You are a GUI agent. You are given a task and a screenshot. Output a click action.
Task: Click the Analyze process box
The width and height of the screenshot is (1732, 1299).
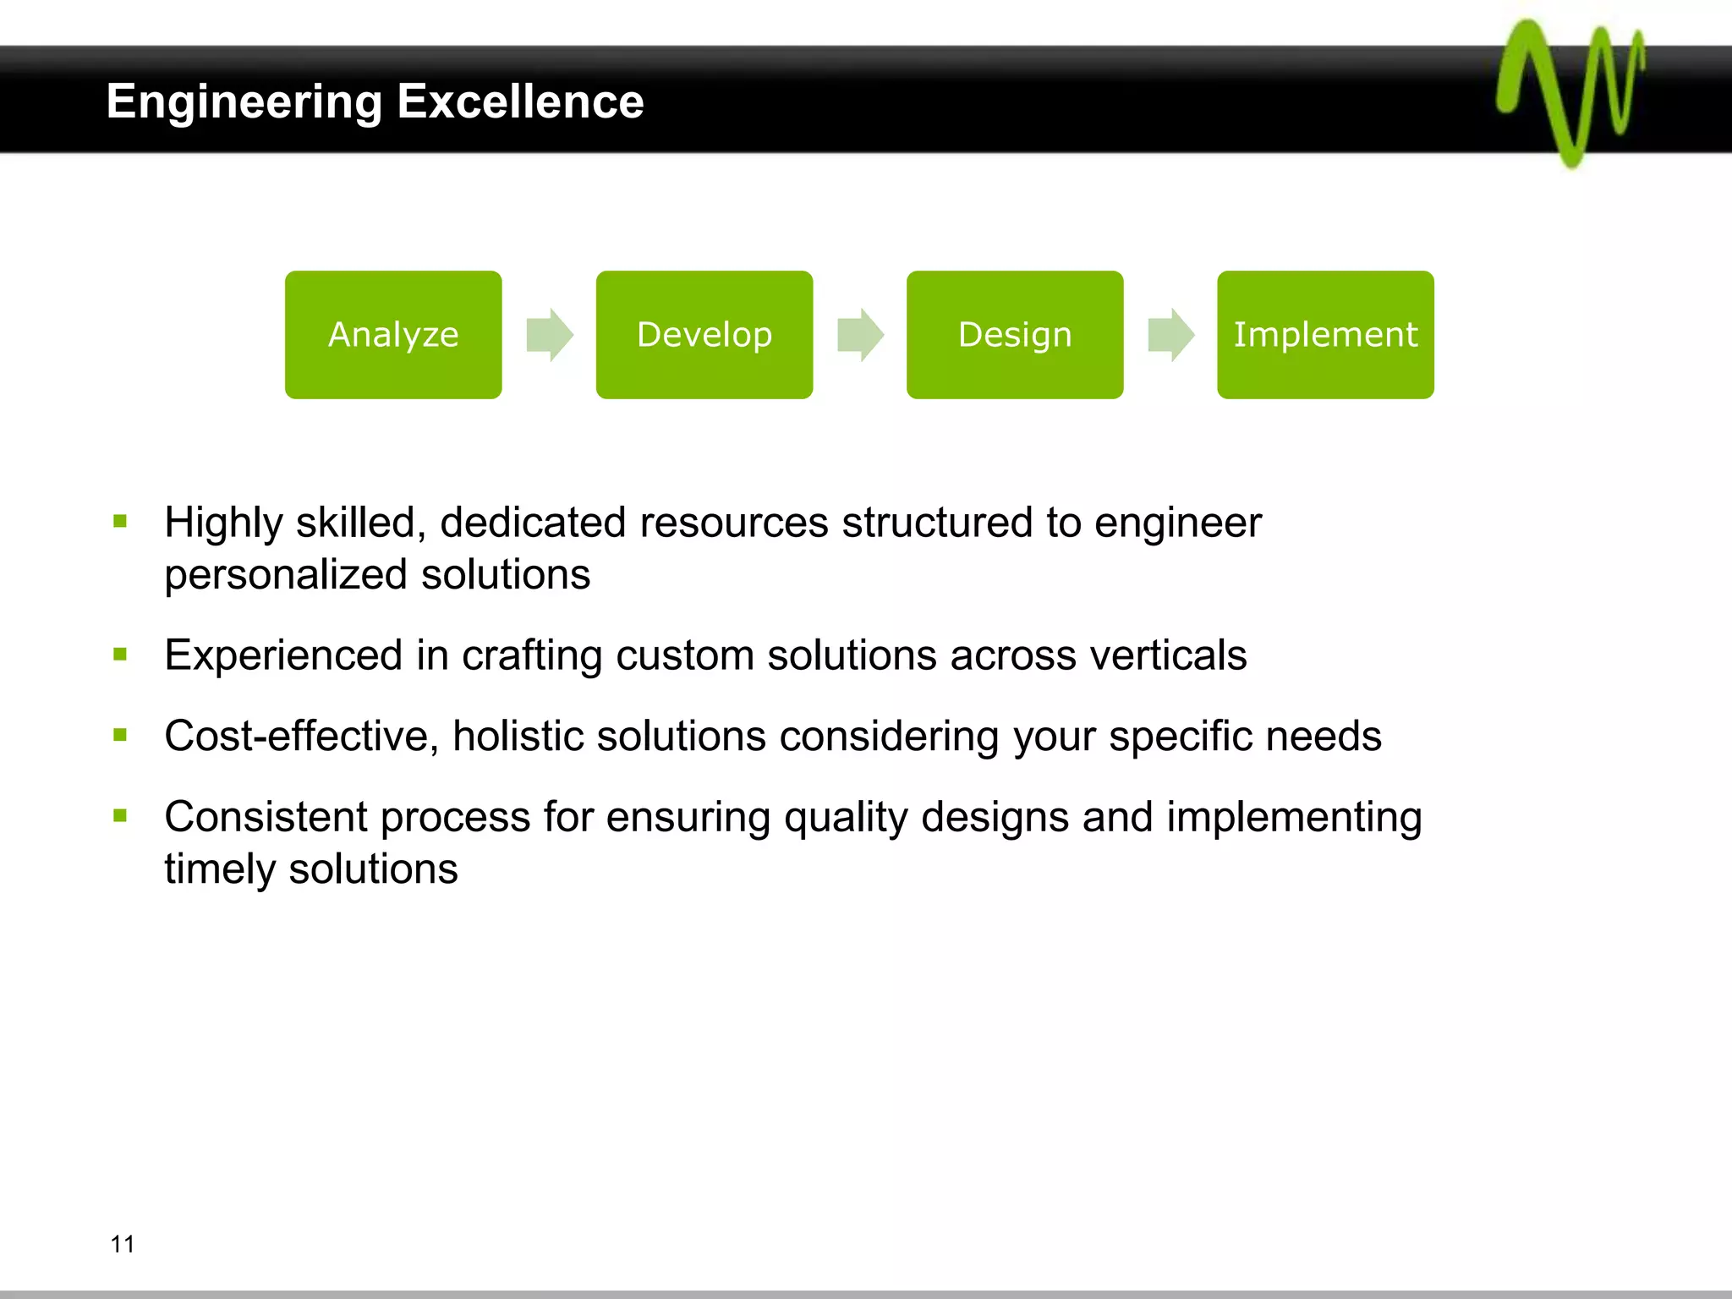pos(393,335)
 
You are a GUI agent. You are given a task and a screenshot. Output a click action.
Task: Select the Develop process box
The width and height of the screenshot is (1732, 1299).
pos(704,335)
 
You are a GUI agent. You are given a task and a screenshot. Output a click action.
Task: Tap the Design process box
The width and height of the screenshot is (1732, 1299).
pos(1015,335)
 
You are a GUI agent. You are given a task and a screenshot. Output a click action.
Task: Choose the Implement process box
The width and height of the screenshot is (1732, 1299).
pos(1325,335)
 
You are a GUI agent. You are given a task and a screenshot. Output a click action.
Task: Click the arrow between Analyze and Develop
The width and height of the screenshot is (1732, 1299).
pos(550,335)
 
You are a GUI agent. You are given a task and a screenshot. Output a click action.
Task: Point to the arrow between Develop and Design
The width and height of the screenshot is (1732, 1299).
pos(860,335)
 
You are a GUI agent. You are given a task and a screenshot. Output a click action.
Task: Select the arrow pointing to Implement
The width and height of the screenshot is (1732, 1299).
pos(1170,335)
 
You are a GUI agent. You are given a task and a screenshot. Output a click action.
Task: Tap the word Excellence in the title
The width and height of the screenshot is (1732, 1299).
pos(520,101)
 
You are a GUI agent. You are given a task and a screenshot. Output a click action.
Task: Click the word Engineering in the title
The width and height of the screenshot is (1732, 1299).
pos(244,103)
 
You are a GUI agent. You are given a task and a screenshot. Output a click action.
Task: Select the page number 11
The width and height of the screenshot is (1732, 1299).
pos(123,1244)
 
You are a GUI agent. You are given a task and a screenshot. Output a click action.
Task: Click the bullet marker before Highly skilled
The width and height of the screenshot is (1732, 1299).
pos(120,522)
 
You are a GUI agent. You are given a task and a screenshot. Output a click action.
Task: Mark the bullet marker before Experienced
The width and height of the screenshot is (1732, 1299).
pos(120,655)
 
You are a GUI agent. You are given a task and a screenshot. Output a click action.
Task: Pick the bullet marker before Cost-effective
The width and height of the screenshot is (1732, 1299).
pos(120,736)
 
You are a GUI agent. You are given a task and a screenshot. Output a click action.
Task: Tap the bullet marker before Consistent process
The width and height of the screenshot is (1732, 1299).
pos(120,816)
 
